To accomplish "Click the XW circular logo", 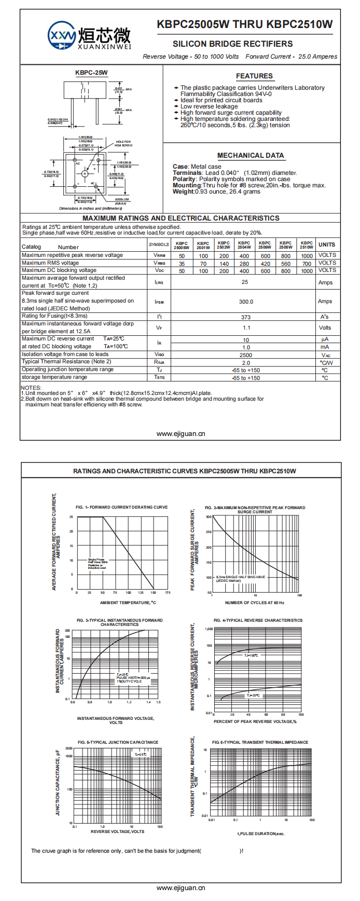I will pyautogui.click(x=62, y=36).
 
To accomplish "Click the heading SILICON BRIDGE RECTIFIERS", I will pyautogui.click(x=232, y=44).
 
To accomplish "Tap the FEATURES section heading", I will pyautogui.click(x=254, y=76).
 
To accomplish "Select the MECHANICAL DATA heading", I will pyautogui.click(x=251, y=155).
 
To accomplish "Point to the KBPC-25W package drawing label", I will pyautogui.click(x=91, y=73).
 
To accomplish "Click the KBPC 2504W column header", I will pyautogui.click(x=244, y=245).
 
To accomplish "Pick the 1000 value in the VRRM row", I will pyautogui.click(x=307, y=256).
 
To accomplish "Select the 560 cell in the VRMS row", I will pyautogui.click(x=286, y=264).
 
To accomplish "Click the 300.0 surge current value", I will pyautogui.click(x=246, y=302).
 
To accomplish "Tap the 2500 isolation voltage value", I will pyautogui.click(x=246, y=356).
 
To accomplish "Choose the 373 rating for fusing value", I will pyautogui.click(x=246, y=317).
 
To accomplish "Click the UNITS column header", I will pyautogui.click(x=327, y=244).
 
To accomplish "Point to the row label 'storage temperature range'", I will pyautogui.click(x=54, y=377).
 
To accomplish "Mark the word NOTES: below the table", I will pyautogui.click(x=31, y=388).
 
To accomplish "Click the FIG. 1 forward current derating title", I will pyautogui.click(x=121, y=507).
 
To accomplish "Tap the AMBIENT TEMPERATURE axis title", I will pyautogui.click(x=128, y=603).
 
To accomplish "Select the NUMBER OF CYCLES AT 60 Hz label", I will pyautogui.click(x=255, y=603).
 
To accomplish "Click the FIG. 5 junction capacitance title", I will pyautogui.click(x=118, y=742).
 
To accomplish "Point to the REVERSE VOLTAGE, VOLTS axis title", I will pyautogui.click(x=118, y=831).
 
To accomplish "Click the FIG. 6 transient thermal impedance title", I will pyautogui.click(x=260, y=742).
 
